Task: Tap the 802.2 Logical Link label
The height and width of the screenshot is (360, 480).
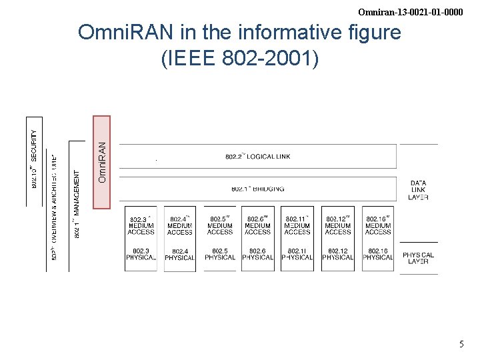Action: (257, 157)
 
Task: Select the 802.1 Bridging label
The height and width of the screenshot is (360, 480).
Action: (257, 189)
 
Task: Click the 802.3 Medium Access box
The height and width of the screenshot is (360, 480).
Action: (141, 225)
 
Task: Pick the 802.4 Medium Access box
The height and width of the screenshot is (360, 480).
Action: (180, 225)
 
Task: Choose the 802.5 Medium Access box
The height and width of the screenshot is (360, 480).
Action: (220, 225)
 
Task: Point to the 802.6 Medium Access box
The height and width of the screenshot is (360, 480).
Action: (257, 225)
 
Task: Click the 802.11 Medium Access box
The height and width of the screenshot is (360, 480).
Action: (297, 225)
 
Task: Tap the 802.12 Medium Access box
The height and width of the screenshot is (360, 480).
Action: (338, 225)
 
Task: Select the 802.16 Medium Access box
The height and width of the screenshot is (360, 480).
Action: (378, 225)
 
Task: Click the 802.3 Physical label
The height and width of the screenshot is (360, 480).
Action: (141, 254)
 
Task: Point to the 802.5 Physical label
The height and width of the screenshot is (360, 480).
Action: (220, 254)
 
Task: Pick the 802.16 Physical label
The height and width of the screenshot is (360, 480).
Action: (378, 254)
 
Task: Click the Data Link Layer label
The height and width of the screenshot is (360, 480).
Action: (419, 190)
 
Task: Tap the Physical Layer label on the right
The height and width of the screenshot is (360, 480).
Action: (419, 258)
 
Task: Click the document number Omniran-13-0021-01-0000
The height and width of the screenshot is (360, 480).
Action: (410, 12)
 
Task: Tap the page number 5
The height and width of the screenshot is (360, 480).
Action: (461, 345)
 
